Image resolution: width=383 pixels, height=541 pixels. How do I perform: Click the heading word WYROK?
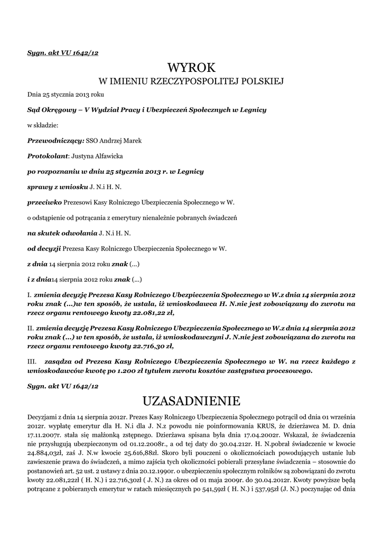click(x=192, y=68)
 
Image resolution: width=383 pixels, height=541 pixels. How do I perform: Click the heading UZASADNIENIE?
click(x=192, y=399)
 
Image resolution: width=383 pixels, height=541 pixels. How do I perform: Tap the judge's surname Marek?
click(x=132, y=141)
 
